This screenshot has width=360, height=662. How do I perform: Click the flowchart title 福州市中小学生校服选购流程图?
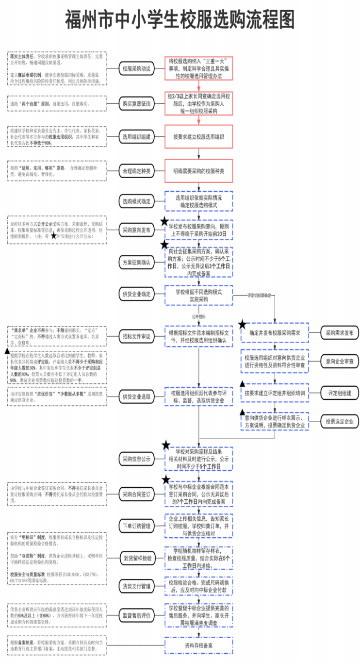click(x=180, y=20)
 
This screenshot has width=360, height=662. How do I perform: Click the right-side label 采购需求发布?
click(x=340, y=333)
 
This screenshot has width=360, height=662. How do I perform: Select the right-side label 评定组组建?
click(x=340, y=393)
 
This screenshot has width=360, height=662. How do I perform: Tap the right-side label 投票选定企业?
click(x=340, y=421)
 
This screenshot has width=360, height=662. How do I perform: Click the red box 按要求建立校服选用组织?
click(x=199, y=137)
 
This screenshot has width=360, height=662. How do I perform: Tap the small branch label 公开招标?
click(x=199, y=316)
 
